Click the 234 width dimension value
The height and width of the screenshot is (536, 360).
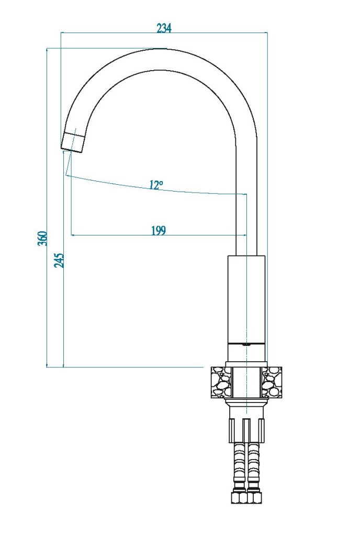[164, 28]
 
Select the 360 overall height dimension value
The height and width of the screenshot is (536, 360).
[42, 238]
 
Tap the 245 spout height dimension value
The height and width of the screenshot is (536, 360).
[59, 261]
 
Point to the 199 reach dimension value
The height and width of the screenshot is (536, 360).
[158, 230]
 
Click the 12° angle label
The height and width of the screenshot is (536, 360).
[156, 185]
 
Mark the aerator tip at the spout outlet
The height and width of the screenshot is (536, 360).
[73, 141]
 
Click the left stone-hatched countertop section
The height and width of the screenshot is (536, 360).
[221, 382]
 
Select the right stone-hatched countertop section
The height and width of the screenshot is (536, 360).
[272, 382]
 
